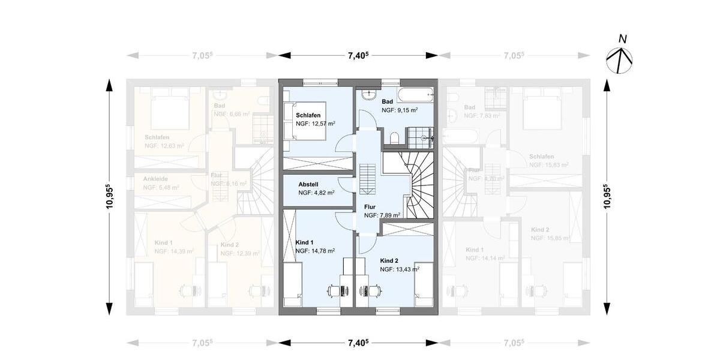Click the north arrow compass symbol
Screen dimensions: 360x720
pyautogui.click(x=620, y=56)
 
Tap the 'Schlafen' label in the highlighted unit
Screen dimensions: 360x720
pyautogui.click(x=308, y=115)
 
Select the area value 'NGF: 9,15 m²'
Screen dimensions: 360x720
pyautogui.click(x=400, y=110)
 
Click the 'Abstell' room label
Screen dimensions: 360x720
pyautogui.click(x=308, y=184)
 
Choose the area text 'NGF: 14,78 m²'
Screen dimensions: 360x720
pyautogui.click(x=315, y=251)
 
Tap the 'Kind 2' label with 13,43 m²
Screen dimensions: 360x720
pyautogui.click(x=389, y=261)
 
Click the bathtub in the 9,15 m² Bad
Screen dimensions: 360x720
pyautogui.click(x=415, y=93)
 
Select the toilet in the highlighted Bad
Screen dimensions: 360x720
pyautogui.click(x=394, y=139)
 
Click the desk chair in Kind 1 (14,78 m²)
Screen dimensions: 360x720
pyautogui.click(x=333, y=290)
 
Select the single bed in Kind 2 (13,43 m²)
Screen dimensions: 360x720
pyautogui.click(x=424, y=281)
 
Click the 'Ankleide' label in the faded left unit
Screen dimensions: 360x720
pyautogui.click(x=155, y=179)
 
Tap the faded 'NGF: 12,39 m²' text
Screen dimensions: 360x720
pyautogui.click(x=240, y=254)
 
